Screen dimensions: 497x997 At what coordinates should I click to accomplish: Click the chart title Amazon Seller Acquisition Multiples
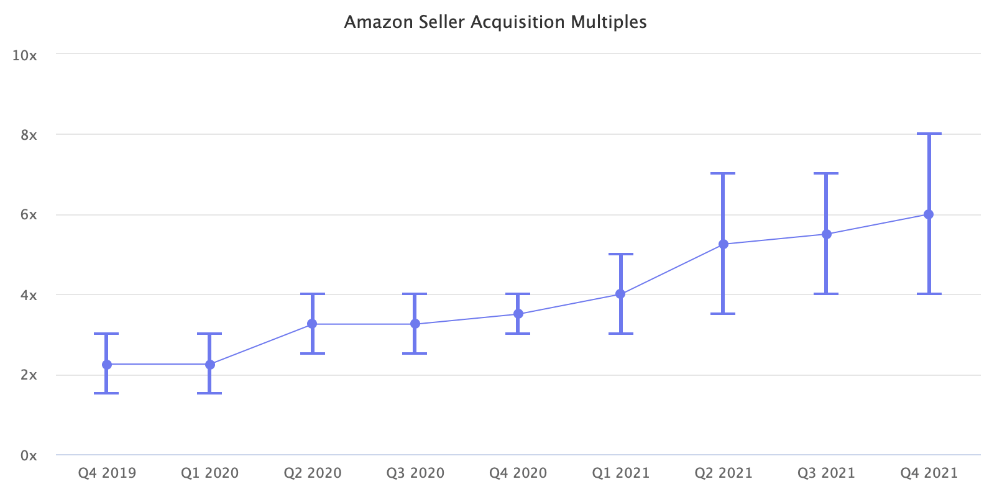point(495,22)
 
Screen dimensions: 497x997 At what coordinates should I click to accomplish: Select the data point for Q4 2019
point(107,365)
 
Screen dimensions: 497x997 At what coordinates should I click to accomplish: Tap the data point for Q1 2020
point(210,365)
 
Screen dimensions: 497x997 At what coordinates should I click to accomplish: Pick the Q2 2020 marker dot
point(312,324)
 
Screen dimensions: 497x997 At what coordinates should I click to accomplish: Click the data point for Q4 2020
point(518,314)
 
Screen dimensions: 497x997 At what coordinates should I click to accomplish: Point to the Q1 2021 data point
point(620,294)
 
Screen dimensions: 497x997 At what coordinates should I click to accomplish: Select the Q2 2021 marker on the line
point(723,244)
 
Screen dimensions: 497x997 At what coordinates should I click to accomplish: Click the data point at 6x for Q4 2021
point(929,214)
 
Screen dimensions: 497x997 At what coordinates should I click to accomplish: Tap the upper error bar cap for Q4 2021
point(929,134)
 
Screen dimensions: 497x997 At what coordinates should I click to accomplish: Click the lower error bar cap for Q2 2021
point(723,314)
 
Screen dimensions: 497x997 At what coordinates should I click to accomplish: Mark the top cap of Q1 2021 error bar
point(620,254)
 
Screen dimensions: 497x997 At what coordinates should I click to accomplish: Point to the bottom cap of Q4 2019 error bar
point(107,393)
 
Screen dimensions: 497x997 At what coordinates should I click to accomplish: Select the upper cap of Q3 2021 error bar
point(826,173)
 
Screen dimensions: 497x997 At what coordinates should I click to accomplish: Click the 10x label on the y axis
point(25,55)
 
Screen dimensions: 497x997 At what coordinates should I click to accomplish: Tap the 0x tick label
point(29,455)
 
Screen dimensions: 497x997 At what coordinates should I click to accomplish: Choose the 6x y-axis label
point(29,215)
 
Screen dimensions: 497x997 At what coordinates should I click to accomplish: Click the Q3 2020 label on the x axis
point(415,473)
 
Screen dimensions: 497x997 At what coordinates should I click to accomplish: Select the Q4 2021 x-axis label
point(929,473)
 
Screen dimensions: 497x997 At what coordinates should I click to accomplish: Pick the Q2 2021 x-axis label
point(723,473)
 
